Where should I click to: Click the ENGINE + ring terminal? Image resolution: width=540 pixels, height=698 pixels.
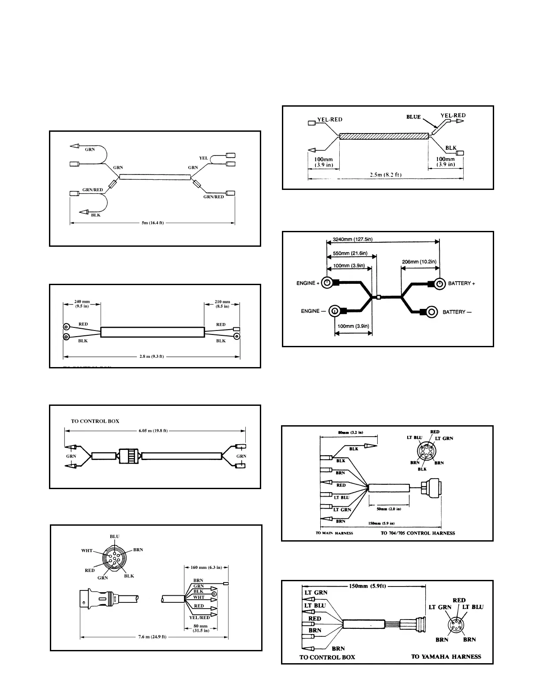pyautogui.click(x=327, y=283)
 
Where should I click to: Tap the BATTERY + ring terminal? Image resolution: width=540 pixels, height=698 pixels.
pyautogui.click(x=439, y=283)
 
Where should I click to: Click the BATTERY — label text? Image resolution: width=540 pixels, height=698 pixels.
pyautogui.click(x=457, y=312)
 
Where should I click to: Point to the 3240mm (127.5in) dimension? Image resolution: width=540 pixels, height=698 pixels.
pyautogui.click(x=352, y=239)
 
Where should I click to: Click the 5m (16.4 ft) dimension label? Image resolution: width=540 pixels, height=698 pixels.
pyautogui.click(x=153, y=223)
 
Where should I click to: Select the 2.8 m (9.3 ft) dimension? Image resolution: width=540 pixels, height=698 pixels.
pyautogui.click(x=151, y=356)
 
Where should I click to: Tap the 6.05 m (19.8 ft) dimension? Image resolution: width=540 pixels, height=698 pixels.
pyautogui.click(x=153, y=431)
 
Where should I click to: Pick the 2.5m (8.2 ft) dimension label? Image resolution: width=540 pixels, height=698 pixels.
pyautogui.click(x=386, y=175)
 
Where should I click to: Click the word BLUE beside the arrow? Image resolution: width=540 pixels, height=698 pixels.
pyautogui.click(x=413, y=117)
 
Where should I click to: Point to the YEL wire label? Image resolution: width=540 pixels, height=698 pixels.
pyautogui.click(x=203, y=158)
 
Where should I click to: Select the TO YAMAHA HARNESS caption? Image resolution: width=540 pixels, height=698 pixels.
pyautogui.click(x=446, y=657)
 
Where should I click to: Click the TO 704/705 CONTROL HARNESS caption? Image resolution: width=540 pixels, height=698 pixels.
pyautogui.click(x=418, y=533)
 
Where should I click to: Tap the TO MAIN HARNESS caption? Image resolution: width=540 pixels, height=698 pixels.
pyautogui.click(x=334, y=533)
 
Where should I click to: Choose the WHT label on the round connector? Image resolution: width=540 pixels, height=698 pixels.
pyautogui.click(x=87, y=551)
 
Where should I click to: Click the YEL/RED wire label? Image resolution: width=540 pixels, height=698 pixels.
pyautogui.click(x=199, y=617)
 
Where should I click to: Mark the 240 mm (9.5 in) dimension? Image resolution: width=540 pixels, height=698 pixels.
pyautogui.click(x=82, y=304)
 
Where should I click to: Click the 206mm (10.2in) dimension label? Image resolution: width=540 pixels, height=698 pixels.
pyautogui.click(x=419, y=262)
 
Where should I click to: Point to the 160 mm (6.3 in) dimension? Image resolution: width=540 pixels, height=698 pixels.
pyautogui.click(x=206, y=568)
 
